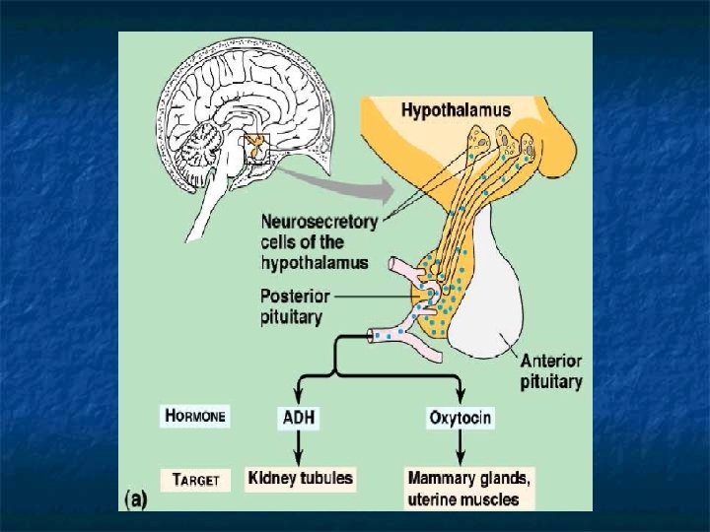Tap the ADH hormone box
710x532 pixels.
(297, 417)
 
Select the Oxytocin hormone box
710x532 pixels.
(460, 417)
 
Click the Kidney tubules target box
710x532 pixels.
(300, 479)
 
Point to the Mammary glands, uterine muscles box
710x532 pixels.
(469, 489)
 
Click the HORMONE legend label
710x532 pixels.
(194, 416)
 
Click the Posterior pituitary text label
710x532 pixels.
(291, 304)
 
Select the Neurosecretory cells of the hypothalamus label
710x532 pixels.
(319, 242)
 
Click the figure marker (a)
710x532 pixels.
(135, 499)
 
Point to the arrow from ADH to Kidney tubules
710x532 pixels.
(297, 447)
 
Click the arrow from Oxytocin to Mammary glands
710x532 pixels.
(460, 447)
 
